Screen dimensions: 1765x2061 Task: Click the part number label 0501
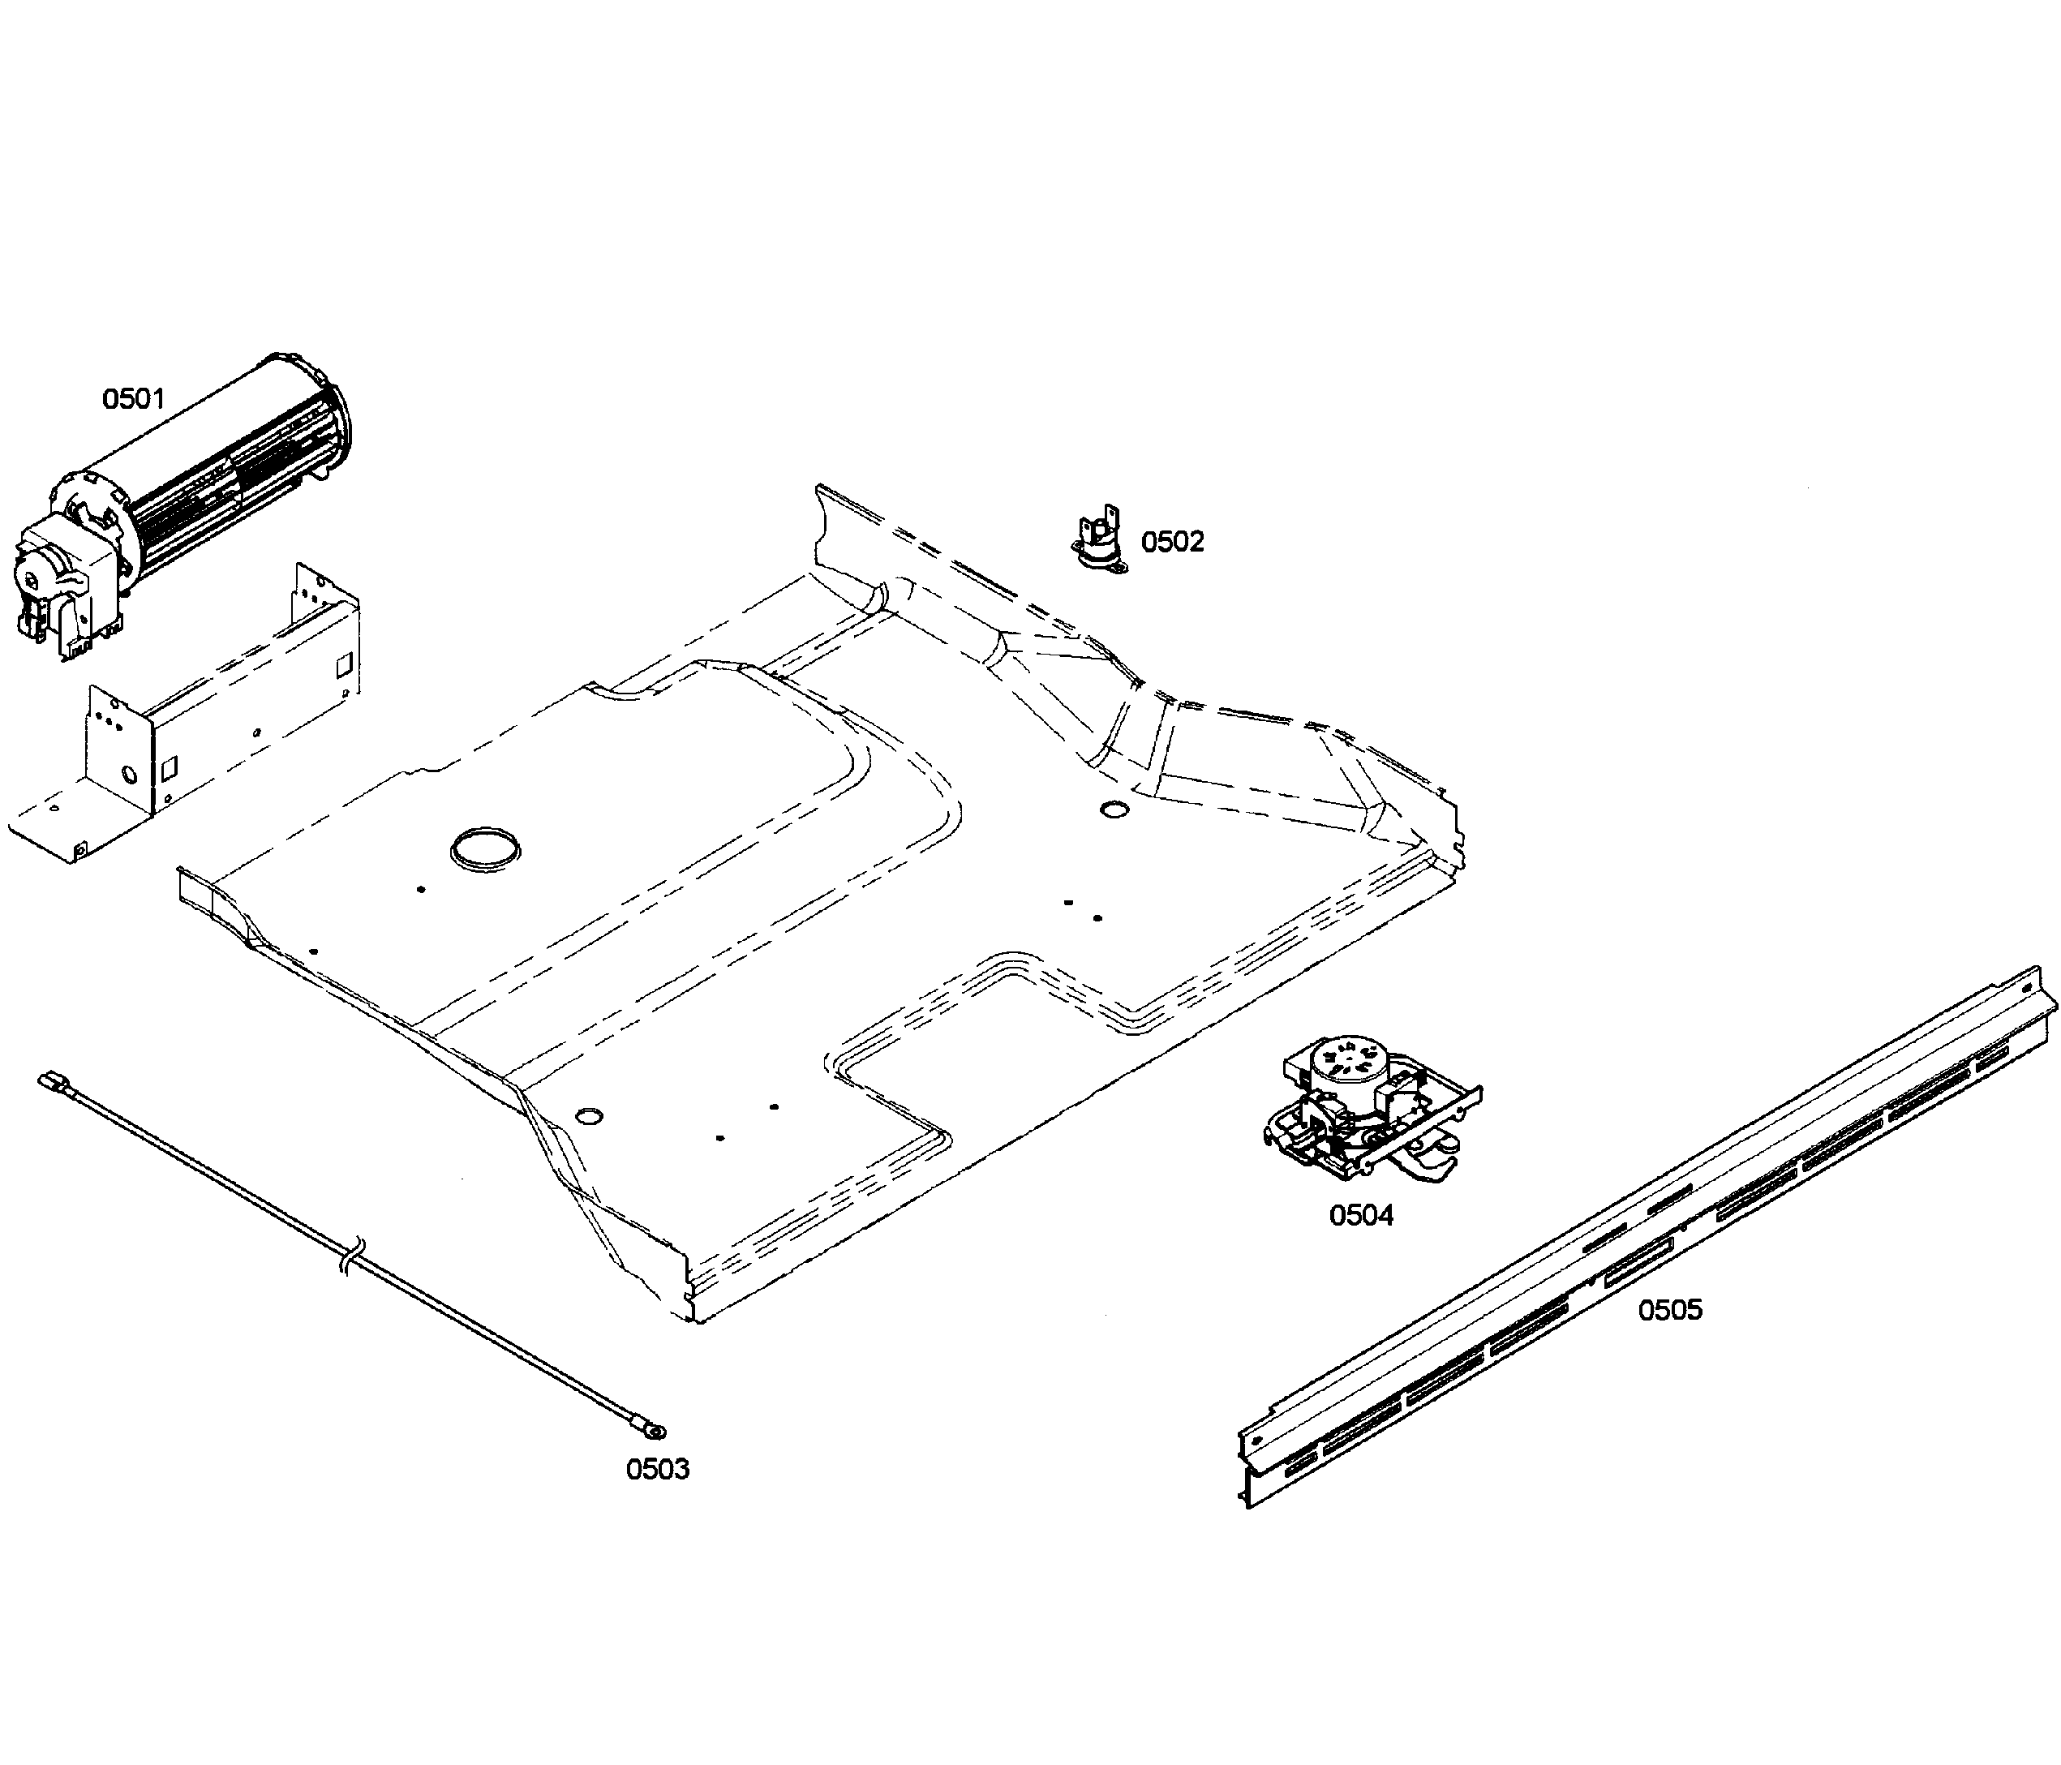pos(133,399)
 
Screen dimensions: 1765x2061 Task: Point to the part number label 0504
pos(1361,1215)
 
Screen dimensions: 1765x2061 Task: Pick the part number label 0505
pos(1670,1309)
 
